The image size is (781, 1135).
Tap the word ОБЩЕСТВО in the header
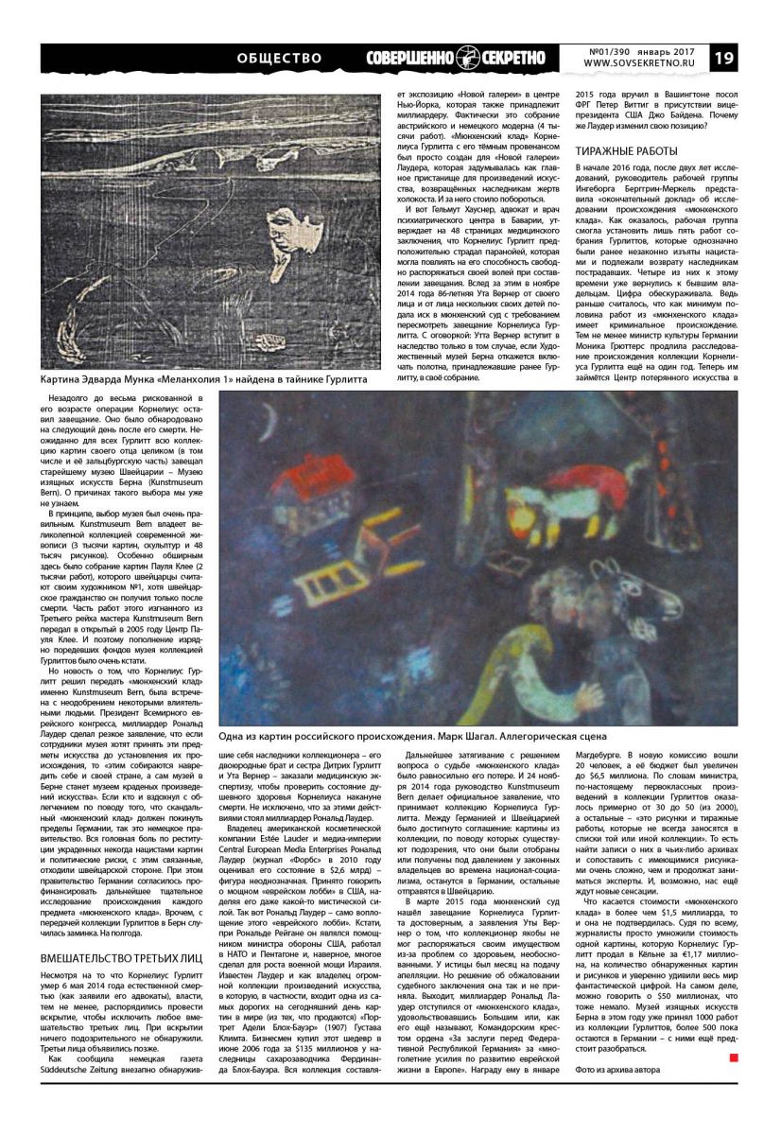pyautogui.click(x=280, y=58)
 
